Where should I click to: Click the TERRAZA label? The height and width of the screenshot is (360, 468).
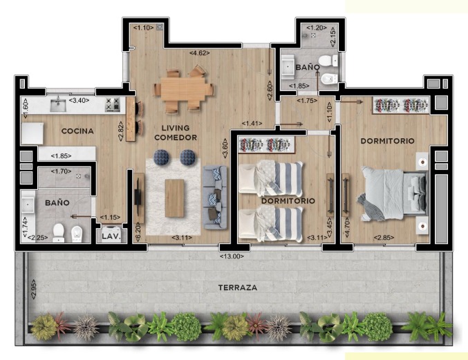(x=238, y=288)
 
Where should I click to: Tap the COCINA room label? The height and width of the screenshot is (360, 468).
(x=77, y=131)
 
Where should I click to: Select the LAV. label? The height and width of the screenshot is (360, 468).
(x=111, y=237)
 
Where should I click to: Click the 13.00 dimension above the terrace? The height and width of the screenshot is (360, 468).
(x=232, y=256)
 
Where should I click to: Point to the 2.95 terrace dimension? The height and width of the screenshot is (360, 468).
(x=34, y=289)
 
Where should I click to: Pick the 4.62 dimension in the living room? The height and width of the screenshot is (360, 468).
(x=200, y=53)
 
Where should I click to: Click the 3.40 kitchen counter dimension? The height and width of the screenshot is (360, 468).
(x=79, y=100)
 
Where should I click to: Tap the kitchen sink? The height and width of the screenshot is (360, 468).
(x=58, y=106)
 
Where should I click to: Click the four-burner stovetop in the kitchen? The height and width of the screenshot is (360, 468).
(x=113, y=105)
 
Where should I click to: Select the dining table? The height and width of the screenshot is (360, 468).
(x=183, y=88)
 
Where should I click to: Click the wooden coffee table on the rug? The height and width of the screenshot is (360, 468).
(x=175, y=198)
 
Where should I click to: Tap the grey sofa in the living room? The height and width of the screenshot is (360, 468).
(x=215, y=198)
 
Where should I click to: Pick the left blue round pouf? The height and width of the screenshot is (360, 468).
(x=162, y=157)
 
